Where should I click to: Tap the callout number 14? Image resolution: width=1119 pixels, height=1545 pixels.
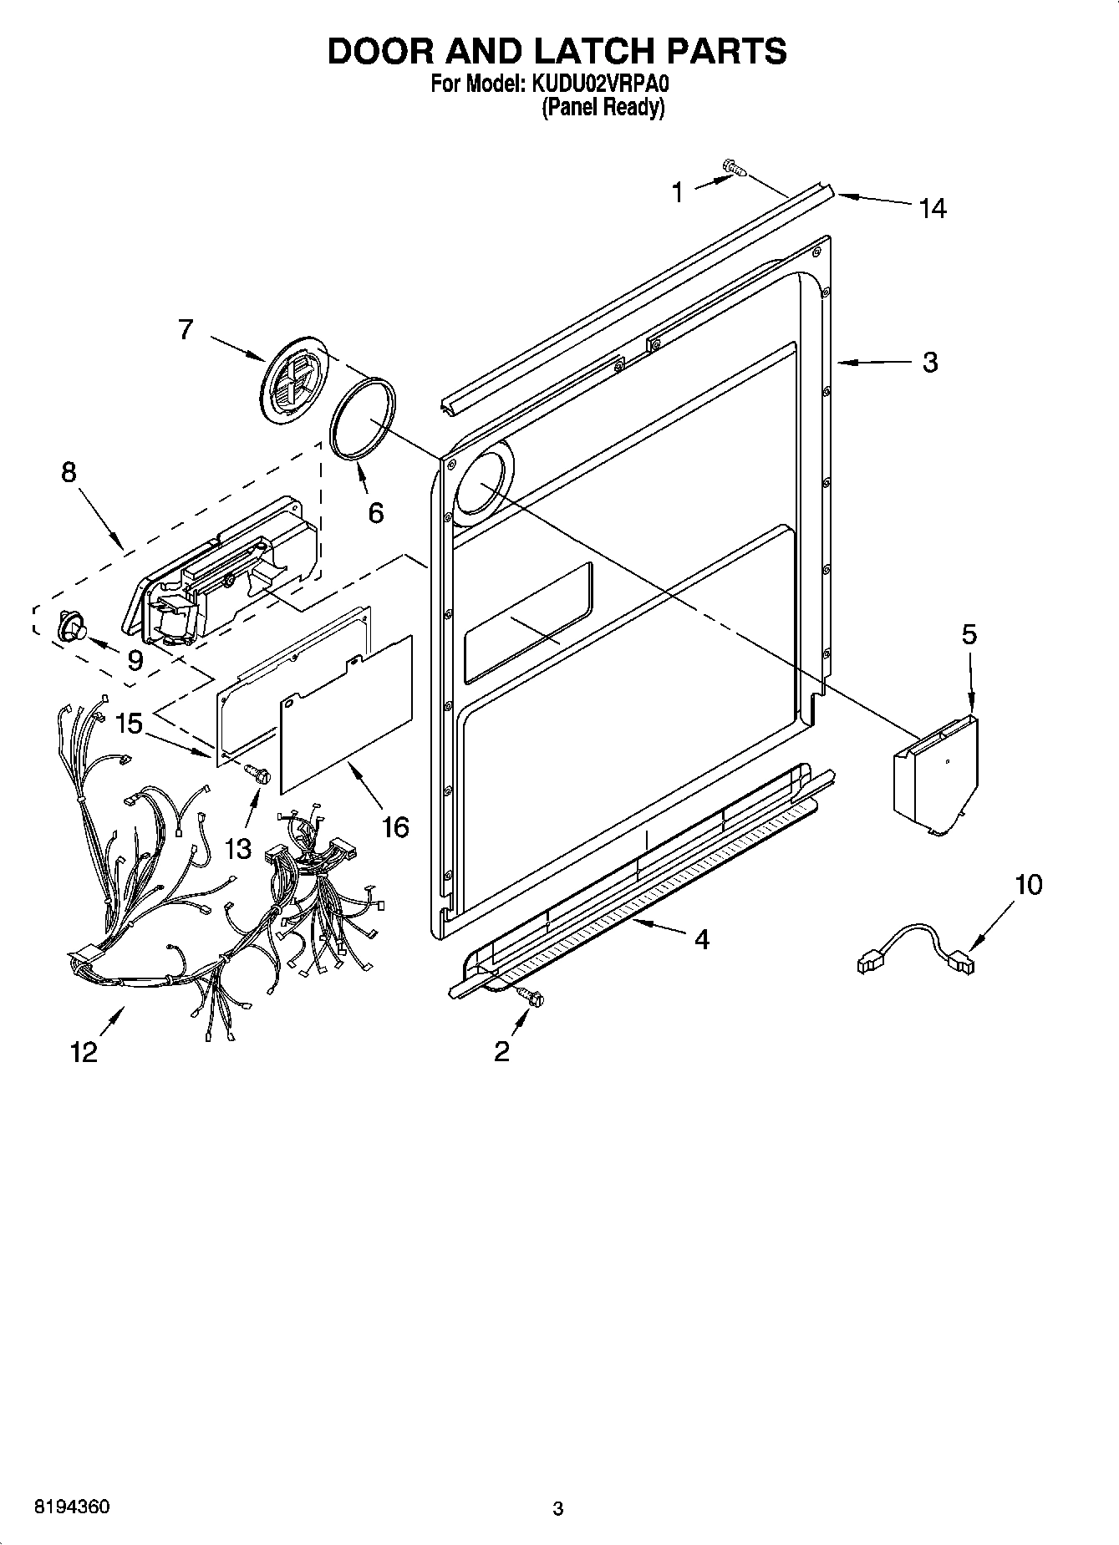pos(932,209)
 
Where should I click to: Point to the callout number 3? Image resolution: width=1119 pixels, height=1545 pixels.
pos(930,363)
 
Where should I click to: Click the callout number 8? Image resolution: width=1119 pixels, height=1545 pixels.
pos(69,472)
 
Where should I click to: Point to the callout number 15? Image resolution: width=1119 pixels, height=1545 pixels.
pos(130,723)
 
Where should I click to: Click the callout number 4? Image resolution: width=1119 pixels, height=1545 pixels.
pos(702,939)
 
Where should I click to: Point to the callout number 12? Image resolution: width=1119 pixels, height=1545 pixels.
pos(84,1052)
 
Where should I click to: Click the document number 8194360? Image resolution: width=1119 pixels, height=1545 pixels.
pos(71,1507)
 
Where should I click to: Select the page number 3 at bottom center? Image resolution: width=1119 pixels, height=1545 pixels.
pos(558,1509)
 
